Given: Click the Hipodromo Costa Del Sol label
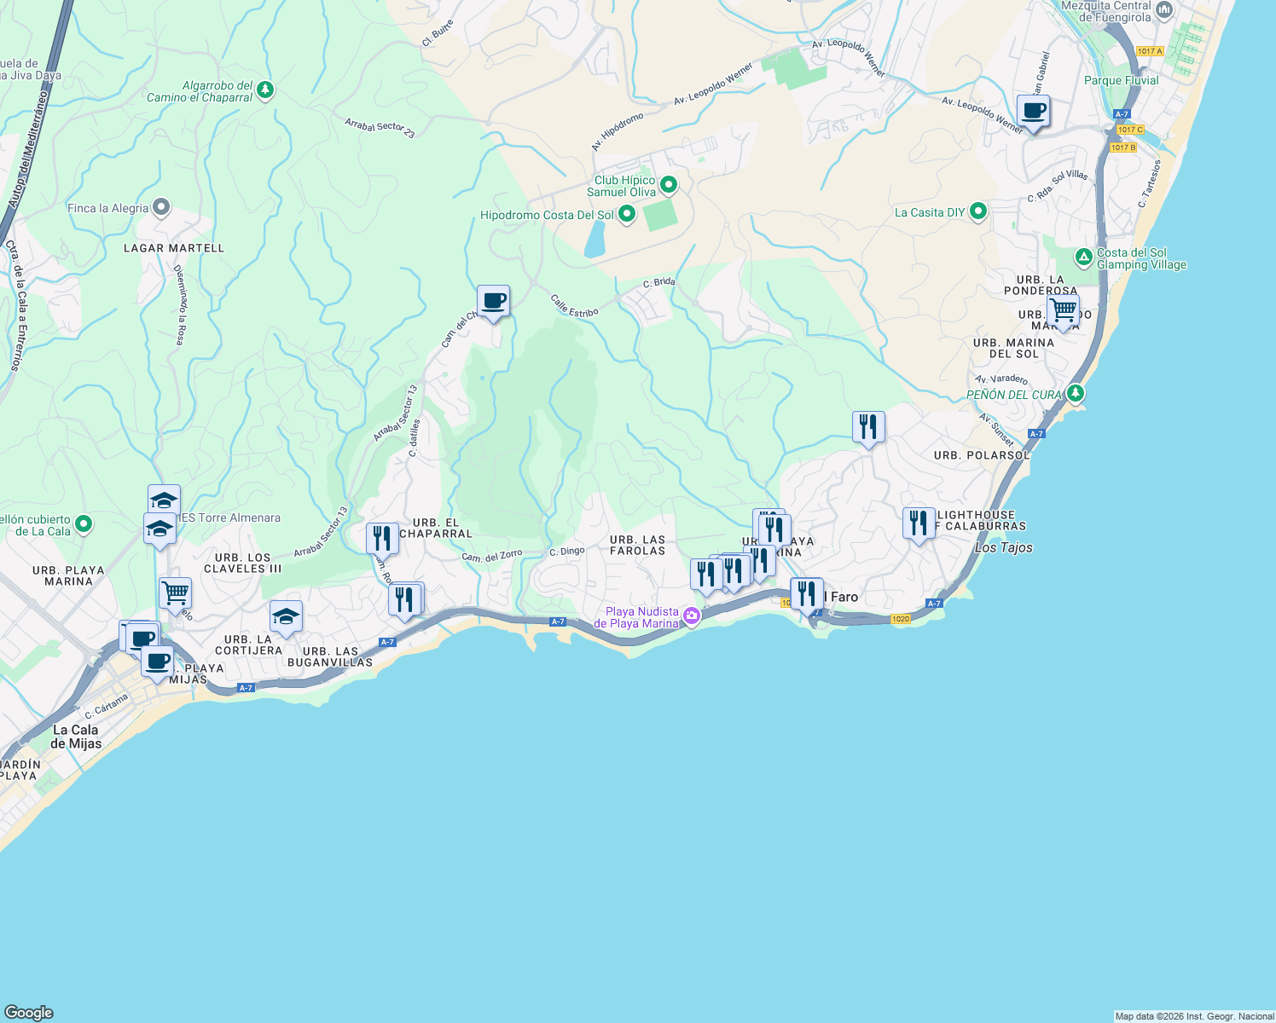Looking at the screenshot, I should pyautogui.click(x=547, y=215).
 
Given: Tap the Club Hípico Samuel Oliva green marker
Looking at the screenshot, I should pyautogui.click(x=669, y=184).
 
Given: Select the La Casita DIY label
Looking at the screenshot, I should pyautogui.click(x=930, y=212).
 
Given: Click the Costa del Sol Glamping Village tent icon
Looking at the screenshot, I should pyautogui.click(x=1083, y=257).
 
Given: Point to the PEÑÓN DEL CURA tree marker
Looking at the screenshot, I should pyautogui.click(x=1076, y=393).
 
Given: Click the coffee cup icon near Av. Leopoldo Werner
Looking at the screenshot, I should pyautogui.click(x=1033, y=112).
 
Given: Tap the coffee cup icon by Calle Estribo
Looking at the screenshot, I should pyautogui.click(x=493, y=301).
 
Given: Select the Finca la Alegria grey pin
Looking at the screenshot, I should pyautogui.click(x=161, y=207).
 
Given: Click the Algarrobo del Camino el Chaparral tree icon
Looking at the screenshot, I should pyautogui.click(x=265, y=90).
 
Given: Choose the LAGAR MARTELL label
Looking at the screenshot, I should pyautogui.click(x=174, y=248).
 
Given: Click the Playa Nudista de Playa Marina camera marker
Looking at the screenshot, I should pyautogui.click(x=692, y=616).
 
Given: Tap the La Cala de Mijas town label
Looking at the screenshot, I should pyautogui.click(x=76, y=737).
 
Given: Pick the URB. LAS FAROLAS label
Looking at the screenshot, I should pyautogui.click(x=637, y=546).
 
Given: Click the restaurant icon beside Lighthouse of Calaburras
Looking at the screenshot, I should pyautogui.click(x=919, y=523).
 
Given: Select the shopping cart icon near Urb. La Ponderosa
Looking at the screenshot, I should pyautogui.click(x=1063, y=309).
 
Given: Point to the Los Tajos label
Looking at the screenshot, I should pyautogui.click(x=1003, y=548).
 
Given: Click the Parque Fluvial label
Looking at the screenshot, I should pyautogui.click(x=1121, y=80).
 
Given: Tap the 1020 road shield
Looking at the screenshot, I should pyautogui.click(x=901, y=619).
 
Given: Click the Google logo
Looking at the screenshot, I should pyautogui.click(x=29, y=1012).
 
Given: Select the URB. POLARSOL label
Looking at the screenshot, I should pyautogui.click(x=982, y=455).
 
